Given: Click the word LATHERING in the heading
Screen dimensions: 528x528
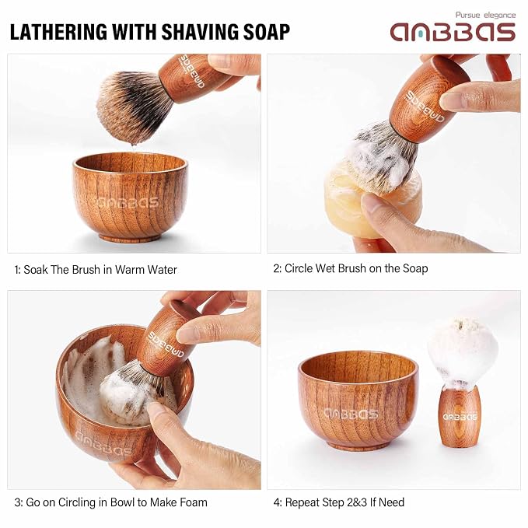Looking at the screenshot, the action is [58, 32].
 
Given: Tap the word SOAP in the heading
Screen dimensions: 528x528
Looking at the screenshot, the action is [267, 32].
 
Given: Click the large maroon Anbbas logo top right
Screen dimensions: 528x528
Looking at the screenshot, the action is [453, 33].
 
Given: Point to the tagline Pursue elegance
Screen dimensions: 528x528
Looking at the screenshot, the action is [485, 15].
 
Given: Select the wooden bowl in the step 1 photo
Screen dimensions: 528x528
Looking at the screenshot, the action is [130, 197].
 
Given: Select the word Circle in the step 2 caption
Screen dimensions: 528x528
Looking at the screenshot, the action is [299, 268].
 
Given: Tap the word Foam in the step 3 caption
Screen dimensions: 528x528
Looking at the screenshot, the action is [194, 502].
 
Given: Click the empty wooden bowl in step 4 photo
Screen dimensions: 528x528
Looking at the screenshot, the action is [358, 400].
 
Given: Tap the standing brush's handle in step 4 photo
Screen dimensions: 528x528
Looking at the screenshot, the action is [459, 417].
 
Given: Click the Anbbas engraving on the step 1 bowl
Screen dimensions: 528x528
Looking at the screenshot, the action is [127, 202].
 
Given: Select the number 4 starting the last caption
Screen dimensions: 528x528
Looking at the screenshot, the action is [277, 503].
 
